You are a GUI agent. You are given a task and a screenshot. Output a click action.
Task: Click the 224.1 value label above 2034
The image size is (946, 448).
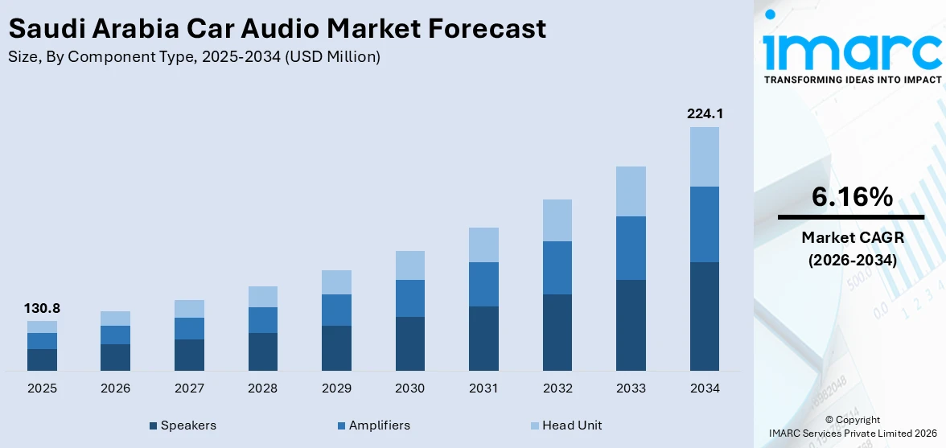[705, 114]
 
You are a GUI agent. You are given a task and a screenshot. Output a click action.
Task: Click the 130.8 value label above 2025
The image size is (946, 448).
[42, 308]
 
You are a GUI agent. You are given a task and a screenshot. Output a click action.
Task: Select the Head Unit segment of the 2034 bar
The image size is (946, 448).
[705, 156]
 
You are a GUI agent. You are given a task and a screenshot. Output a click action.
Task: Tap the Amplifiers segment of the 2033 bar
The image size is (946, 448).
[631, 248]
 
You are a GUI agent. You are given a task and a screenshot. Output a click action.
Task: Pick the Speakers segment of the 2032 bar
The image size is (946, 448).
[557, 332]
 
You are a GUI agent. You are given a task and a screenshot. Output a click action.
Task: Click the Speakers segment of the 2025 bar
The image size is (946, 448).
[42, 360]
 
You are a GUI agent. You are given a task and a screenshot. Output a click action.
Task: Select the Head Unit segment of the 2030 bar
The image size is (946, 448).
[409, 265]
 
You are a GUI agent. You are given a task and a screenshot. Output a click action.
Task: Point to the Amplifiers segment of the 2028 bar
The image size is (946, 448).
[262, 319]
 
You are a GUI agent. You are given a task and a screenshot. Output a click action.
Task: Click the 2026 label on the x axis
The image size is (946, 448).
[116, 388]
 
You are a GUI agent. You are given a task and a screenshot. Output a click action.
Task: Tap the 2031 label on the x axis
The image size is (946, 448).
[483, 388]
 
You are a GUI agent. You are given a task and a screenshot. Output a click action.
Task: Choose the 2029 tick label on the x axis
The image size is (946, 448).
[336, 388]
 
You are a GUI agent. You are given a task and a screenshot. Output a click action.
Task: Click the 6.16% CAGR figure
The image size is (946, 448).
[851, 196]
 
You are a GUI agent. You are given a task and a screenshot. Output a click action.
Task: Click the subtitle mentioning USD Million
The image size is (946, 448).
[194, 57]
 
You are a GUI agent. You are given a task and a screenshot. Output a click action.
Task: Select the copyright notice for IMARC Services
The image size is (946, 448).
[852, 427]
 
